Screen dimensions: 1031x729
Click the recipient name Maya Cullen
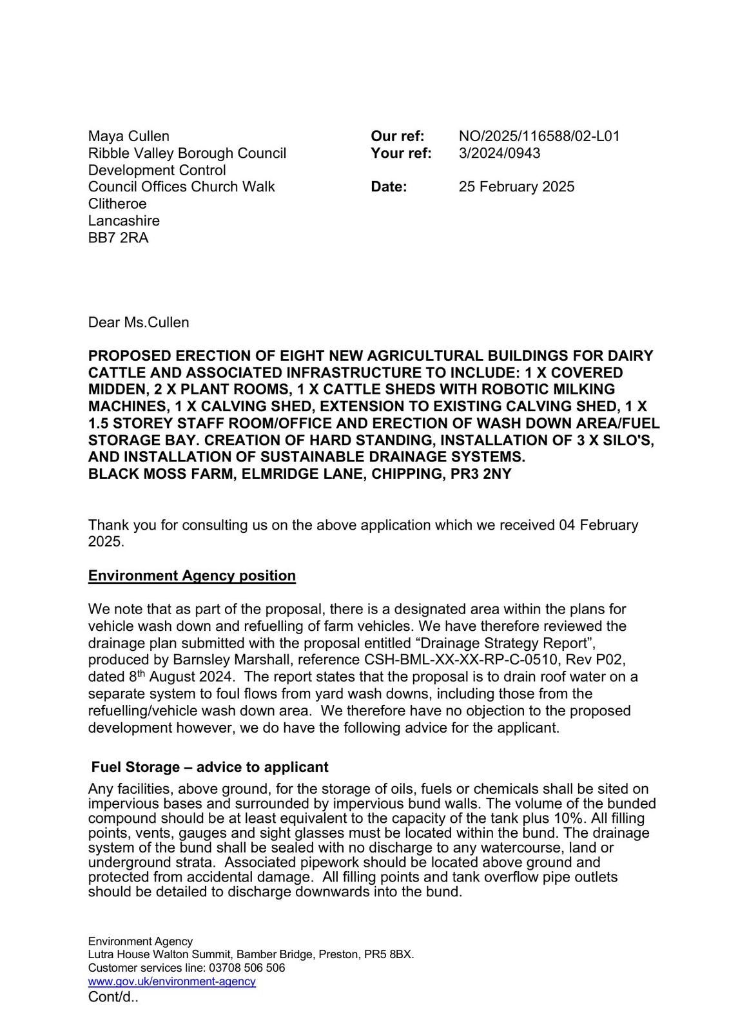128,136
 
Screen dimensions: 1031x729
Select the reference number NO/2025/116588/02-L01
539,136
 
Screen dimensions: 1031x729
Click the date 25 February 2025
516,187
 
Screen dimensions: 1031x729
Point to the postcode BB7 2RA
118,238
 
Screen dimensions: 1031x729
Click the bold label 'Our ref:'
397,136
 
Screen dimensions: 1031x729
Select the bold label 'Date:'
389,187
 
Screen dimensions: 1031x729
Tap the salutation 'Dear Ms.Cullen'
139,322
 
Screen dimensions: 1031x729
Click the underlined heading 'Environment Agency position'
192,576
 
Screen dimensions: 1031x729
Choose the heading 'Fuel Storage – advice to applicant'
209,767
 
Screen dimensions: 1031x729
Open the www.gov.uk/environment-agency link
172,981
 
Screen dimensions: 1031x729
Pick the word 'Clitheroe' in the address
117,204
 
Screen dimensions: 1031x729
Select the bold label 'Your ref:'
401,153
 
